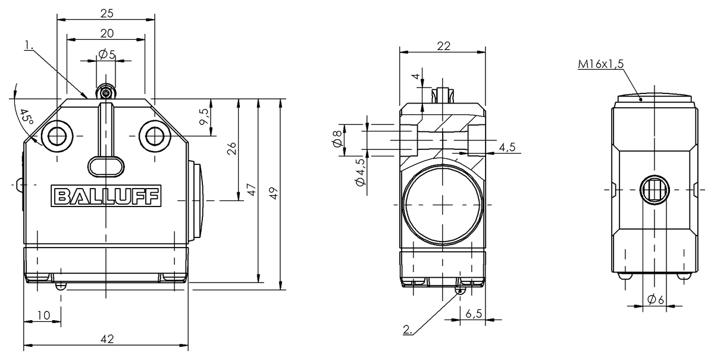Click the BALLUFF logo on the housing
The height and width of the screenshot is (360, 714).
pyautogui.click(x=106, y=196)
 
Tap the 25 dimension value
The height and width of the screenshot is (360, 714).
pyautogui.click(x=107, y=14)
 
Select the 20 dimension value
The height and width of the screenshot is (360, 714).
pyautogui.click(x=107, y=33)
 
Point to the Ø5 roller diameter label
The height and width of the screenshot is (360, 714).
pyautogui.click(x=107, y=54)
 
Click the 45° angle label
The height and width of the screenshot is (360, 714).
pyautogui.click(x=26, y=117)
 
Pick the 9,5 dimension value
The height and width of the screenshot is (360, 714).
pyautogui.click(x=204, y=117)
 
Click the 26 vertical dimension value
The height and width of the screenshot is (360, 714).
pyautogui.click(x=231, y=149)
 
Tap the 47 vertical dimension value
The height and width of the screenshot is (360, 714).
pyautogui.click(x=252, y=190)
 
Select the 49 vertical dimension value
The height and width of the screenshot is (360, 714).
pyautogui.click(x=274, y=193)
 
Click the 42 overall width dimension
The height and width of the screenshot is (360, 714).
pyautogui.click(x=107, y=339)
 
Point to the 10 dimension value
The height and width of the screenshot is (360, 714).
pyautogui.click(x=43, y=315)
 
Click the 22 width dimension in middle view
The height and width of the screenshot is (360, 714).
pyautogui.click(x=443, y=46)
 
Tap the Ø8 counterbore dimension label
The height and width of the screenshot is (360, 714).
pyautogui.click(x=337, y=139)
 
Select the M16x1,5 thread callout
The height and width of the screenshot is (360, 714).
pyautogui.click(x=600, y=64)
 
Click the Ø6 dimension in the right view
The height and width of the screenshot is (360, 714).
pyautogui.click(x=656, y=299)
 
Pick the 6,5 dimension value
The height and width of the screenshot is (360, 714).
pyautogui.click(x=474, y=314)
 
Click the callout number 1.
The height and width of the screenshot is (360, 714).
pyautogui.click(x=29, y=46)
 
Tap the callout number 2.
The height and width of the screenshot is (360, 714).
pyautogui.click(x=408, y=330)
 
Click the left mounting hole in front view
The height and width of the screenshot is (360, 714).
pyautogui.click(x=57, y=136)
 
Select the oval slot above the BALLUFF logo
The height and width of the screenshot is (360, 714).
pyautogui.click(x=106, y=167)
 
